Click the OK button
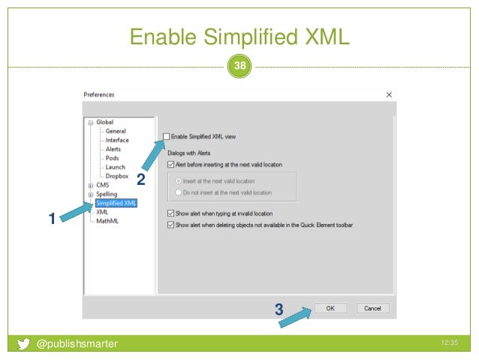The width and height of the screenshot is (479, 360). [x=330, y=308]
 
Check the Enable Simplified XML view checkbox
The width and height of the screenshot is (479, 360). [x=167, y=136]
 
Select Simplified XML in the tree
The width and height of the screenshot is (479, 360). [x=116, y=203]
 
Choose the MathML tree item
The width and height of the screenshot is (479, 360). [x=108, y=221]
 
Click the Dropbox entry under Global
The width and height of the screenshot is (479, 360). [x=116, y=176]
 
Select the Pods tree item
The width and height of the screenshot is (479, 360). [x=113, y=158]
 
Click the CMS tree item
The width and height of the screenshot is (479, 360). [x=103, y=185]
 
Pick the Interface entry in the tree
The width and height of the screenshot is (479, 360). [x=117, y=140]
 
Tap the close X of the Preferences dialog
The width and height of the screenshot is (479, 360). [x=389, y=95]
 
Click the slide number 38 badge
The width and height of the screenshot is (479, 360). [x=239, y=66]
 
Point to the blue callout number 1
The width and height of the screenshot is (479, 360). [x=51, y=219]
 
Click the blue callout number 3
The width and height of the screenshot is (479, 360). [x=279, y=309]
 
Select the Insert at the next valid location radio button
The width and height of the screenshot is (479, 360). [x=177, y=181]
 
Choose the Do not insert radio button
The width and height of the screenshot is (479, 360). [x=177, y=192]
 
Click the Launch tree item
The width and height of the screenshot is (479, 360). [x=115, y=167]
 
